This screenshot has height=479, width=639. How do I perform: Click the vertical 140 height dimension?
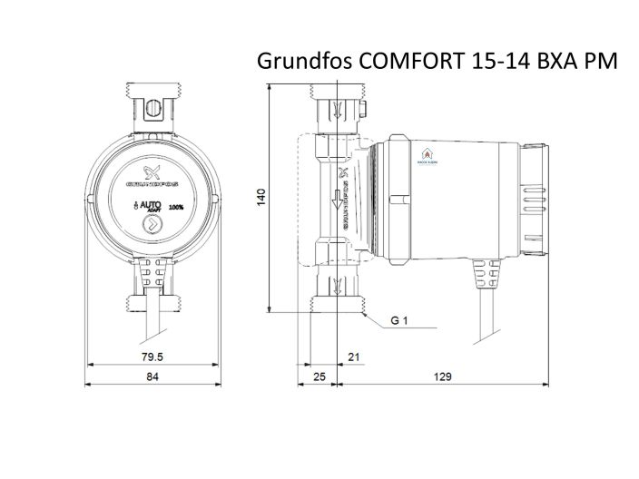[x=261, y=197]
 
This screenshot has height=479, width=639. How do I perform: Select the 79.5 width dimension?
[x=140, y=356]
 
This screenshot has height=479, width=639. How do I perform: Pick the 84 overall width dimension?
[x=152, y=376]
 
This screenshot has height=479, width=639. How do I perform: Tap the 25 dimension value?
[x=319, y=376]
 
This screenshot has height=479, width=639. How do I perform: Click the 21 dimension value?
[x=354, y=356]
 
